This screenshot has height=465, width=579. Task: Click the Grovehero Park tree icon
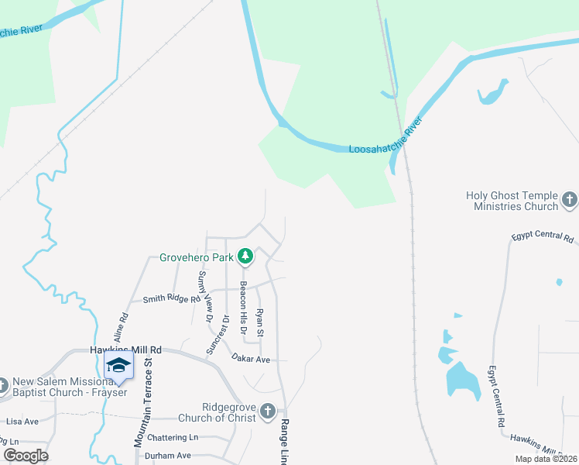pos(245,256)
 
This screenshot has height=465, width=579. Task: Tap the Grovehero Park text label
pos(196,257)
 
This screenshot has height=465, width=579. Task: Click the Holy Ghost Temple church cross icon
pos(569,200)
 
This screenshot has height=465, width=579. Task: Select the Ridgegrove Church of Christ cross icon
pos(268,412)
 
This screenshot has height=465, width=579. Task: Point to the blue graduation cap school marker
pos(118,366)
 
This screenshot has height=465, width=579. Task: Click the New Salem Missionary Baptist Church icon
pos(4,384)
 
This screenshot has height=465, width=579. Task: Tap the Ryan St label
pos(260,322)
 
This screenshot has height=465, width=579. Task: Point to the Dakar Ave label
pos(251,359)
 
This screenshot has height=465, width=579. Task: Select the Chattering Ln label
pos(172,437)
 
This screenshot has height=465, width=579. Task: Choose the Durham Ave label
pos(168,456)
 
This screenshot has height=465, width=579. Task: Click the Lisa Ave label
pos(22,422)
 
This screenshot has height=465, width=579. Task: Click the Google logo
pos(26,455)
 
